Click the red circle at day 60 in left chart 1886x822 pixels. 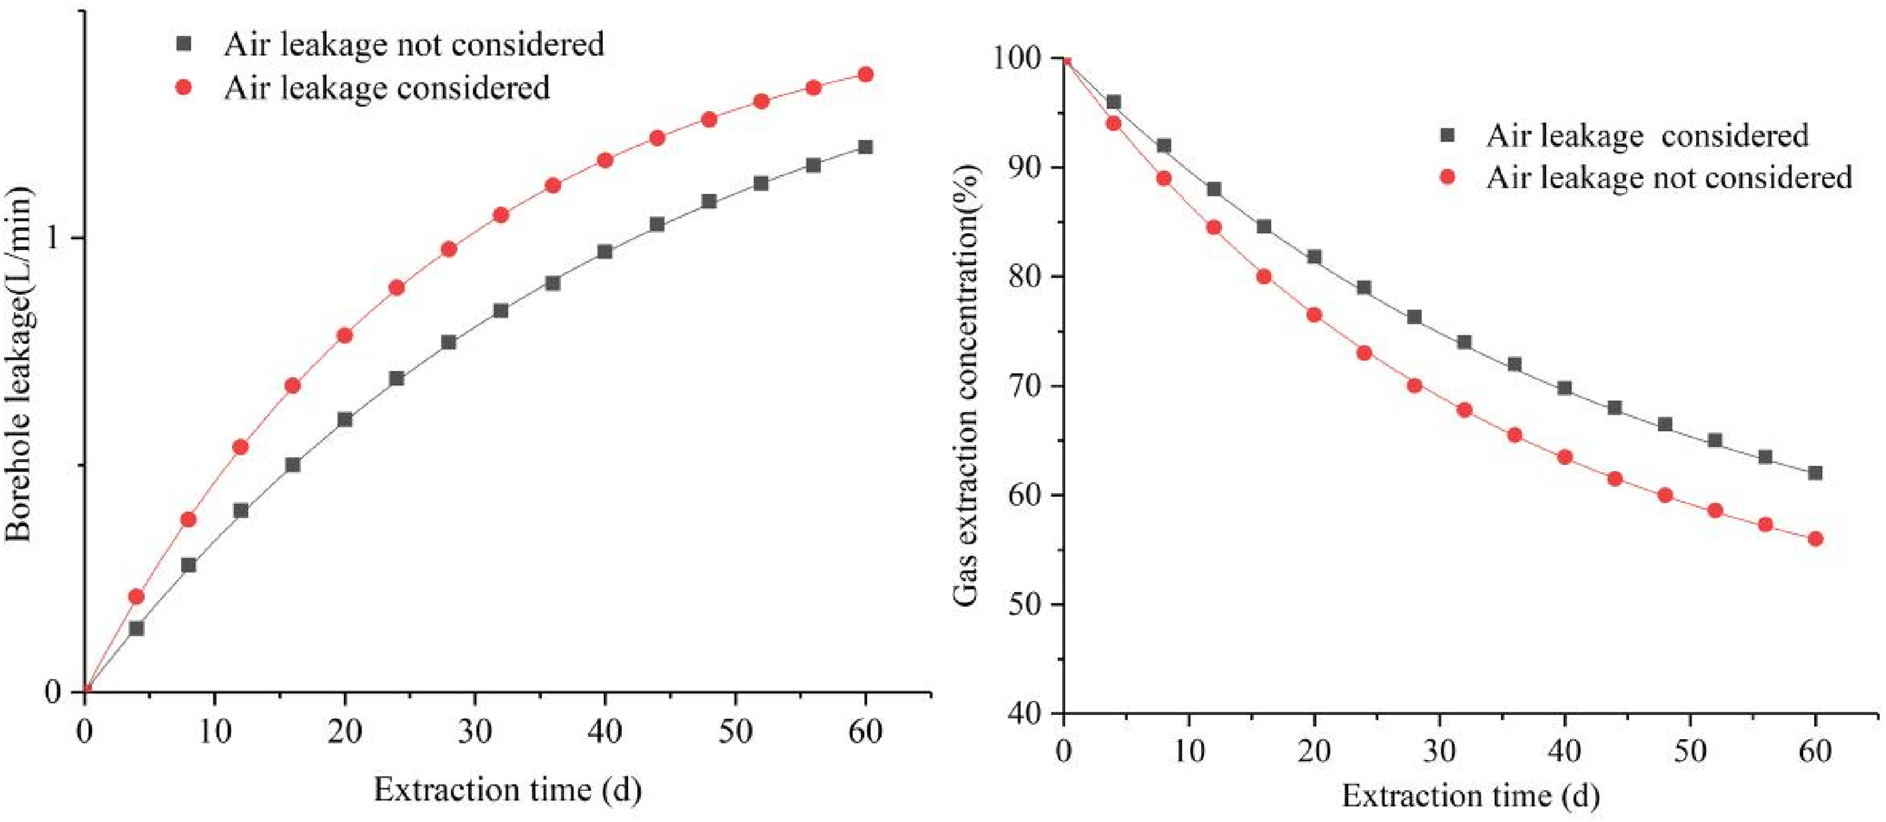point(866,74)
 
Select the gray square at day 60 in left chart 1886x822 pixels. point(866,147)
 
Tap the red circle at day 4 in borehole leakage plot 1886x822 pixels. point(136,597)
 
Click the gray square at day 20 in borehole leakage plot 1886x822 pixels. point(345,419)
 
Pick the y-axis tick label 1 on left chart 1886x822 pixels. point(52,238)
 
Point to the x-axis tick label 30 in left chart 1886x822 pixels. point(475,731)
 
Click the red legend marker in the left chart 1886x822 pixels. point(185,87)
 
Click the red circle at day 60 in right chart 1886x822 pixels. point(1815,539)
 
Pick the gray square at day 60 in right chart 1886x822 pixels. point(1815,473)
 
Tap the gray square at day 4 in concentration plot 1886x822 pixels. point(1114,103)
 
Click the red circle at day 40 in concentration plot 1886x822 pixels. point(1565,458)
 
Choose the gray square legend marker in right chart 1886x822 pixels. point(1447,135)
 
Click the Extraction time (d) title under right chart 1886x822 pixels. point(1470,795)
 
